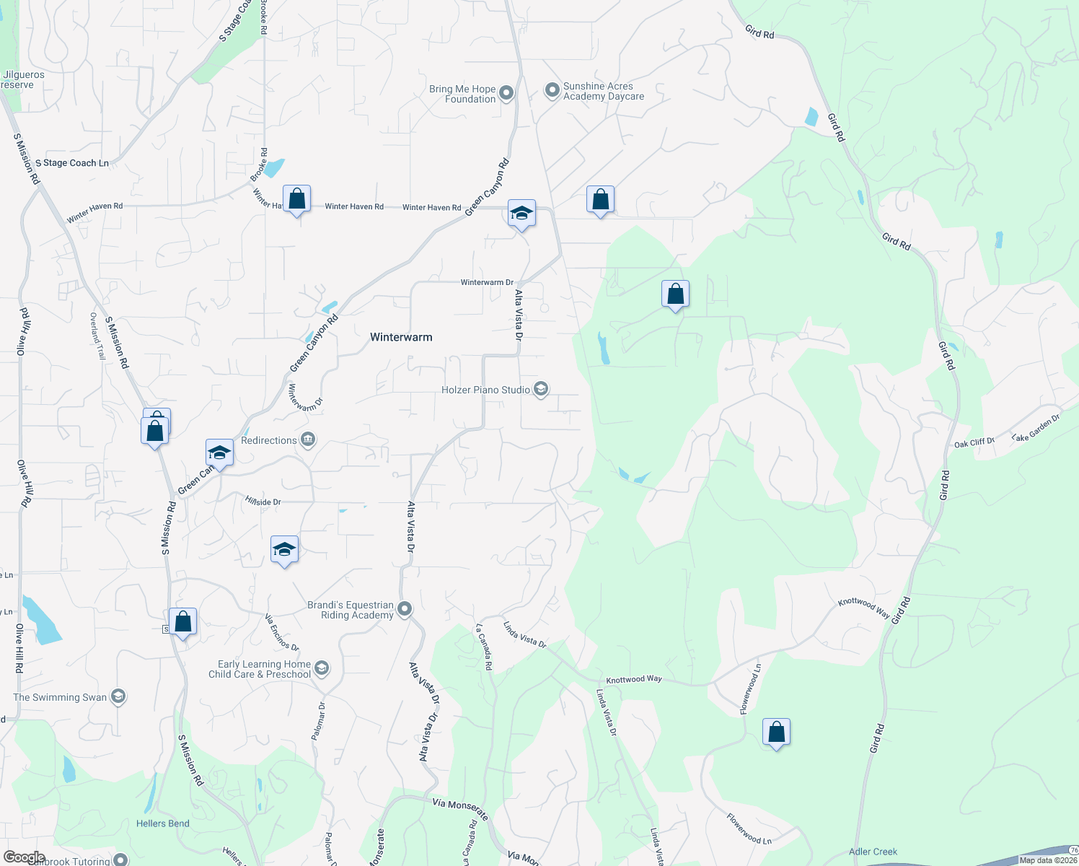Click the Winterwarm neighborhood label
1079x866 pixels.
[401, 337]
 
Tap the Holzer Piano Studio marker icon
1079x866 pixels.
[541, 390]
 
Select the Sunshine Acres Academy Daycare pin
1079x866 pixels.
[552, 91]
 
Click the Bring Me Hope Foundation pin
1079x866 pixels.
[506, 93]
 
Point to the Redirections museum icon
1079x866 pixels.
[308, 439]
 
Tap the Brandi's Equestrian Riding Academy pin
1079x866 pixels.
[405, 609]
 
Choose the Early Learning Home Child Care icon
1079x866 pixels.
[322, 668]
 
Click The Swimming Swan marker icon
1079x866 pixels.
[119, 696]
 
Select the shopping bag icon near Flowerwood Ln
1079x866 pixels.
[776, 732]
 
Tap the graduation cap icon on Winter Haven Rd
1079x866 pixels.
[521, 214]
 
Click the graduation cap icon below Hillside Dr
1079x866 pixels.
[284, 550]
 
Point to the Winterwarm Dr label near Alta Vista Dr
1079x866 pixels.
[487, 282]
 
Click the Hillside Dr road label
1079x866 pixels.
[263, 501]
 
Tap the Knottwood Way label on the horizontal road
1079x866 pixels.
[633, 679]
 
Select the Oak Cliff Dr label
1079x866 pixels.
[974, 443]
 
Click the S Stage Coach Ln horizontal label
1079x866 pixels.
[72, 163]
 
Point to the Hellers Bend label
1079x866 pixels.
[163, 823]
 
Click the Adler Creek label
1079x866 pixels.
[873, 852]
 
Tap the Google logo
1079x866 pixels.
[24, 857]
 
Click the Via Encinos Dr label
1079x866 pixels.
[281, 632]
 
